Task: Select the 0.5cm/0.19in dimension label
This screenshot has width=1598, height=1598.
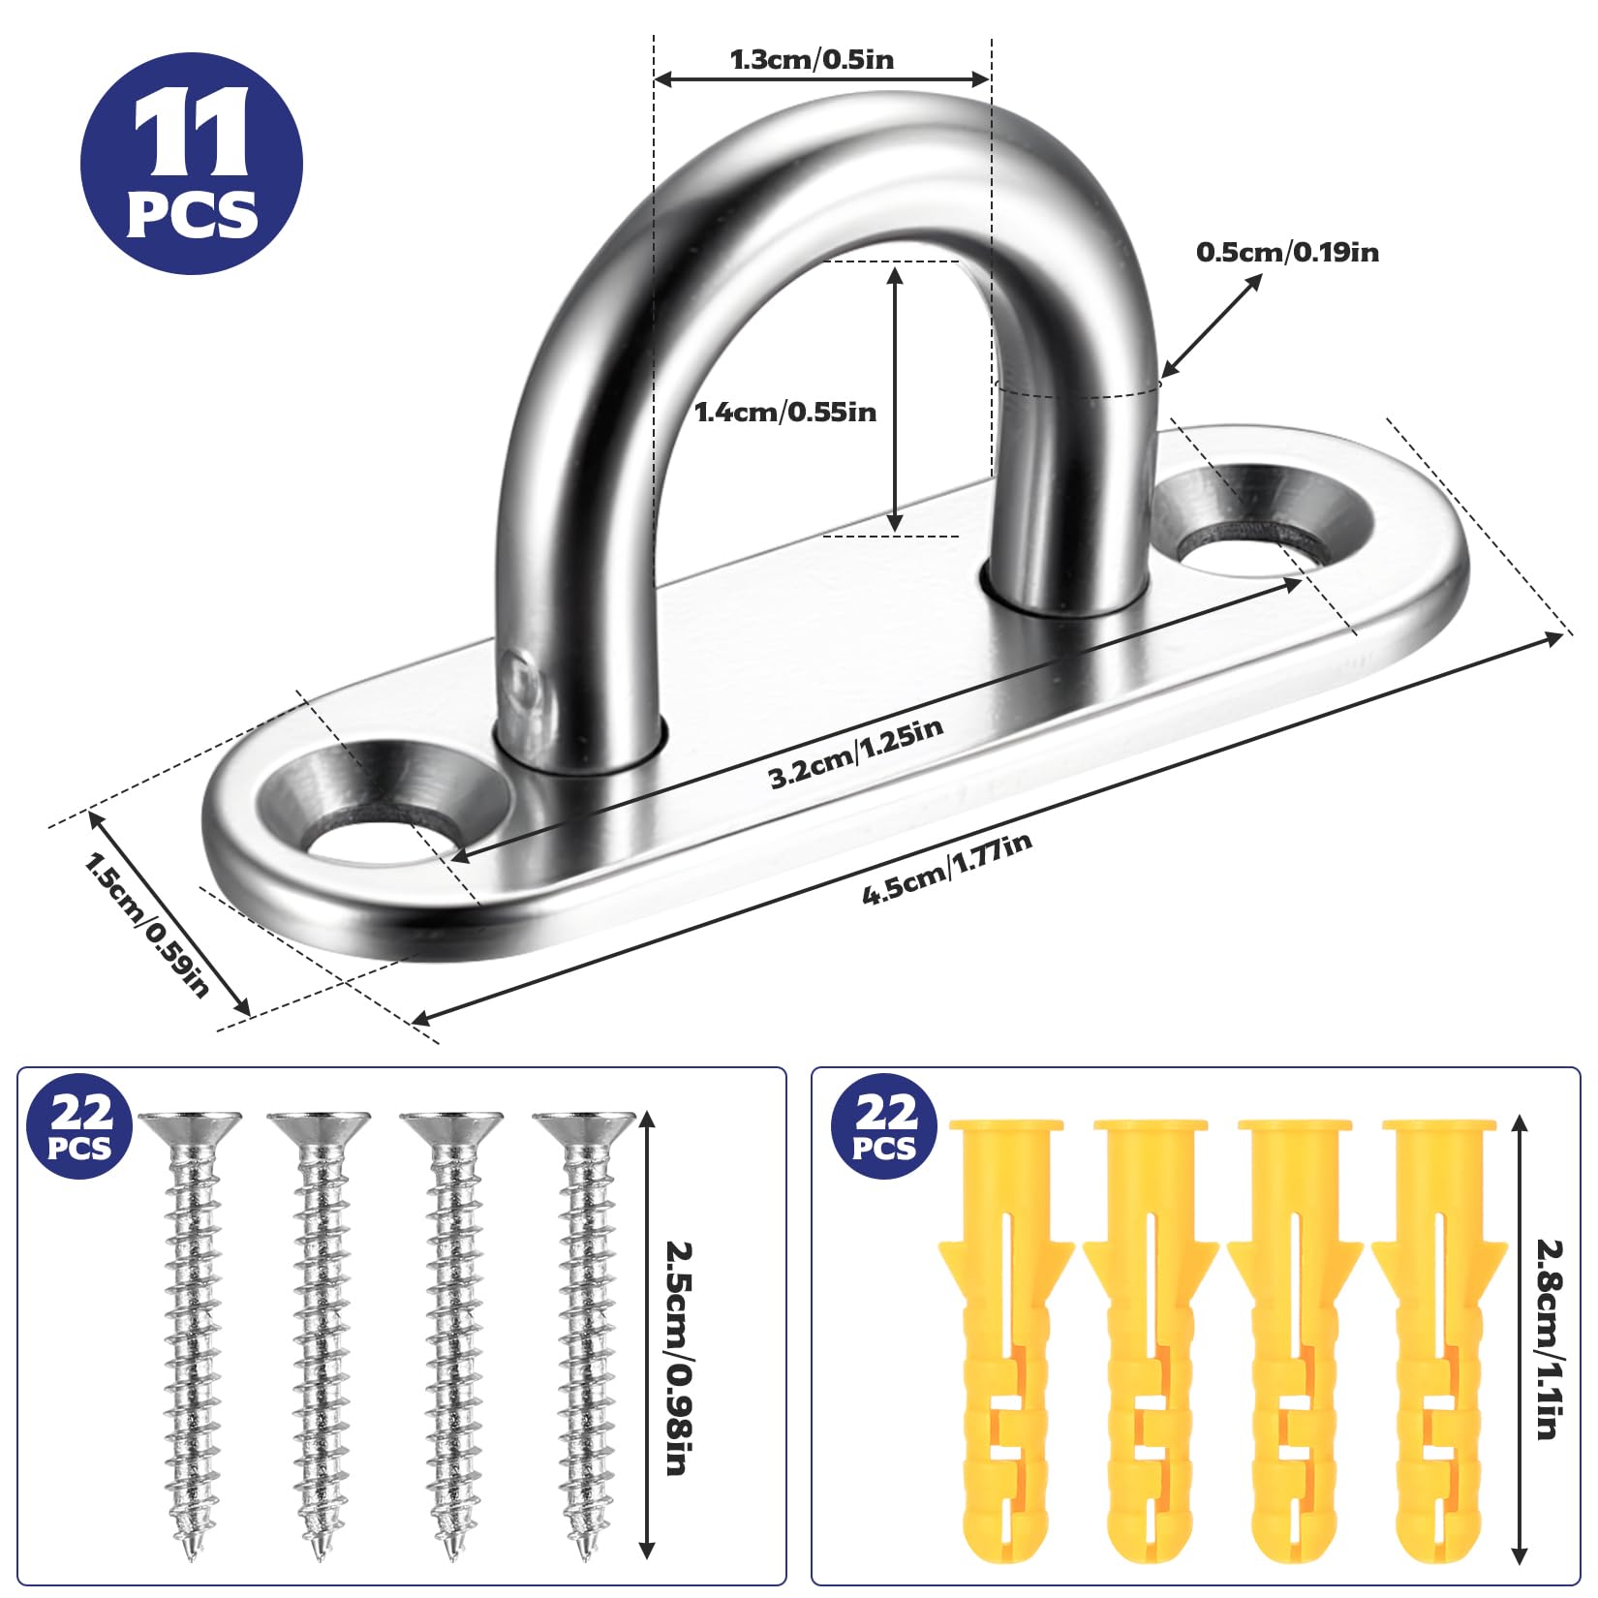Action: [1287, 252]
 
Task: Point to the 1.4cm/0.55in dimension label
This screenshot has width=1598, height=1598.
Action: [785, 413]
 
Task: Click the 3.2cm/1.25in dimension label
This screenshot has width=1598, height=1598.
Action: [856, 753]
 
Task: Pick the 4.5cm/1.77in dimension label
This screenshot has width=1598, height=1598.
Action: [947, 869]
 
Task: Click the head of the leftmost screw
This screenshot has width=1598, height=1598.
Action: [190, 1127]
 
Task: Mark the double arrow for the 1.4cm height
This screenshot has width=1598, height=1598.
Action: [896, 399]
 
